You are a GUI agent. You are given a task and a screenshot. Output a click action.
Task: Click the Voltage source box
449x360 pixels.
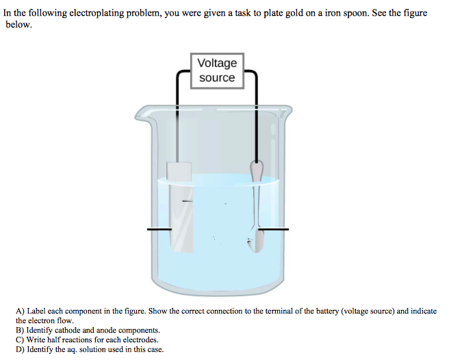216,70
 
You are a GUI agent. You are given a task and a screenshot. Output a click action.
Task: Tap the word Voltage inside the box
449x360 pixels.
216,63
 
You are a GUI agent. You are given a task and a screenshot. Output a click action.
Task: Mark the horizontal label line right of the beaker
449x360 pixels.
274,230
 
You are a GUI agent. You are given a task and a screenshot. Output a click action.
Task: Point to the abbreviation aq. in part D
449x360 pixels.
73,349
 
